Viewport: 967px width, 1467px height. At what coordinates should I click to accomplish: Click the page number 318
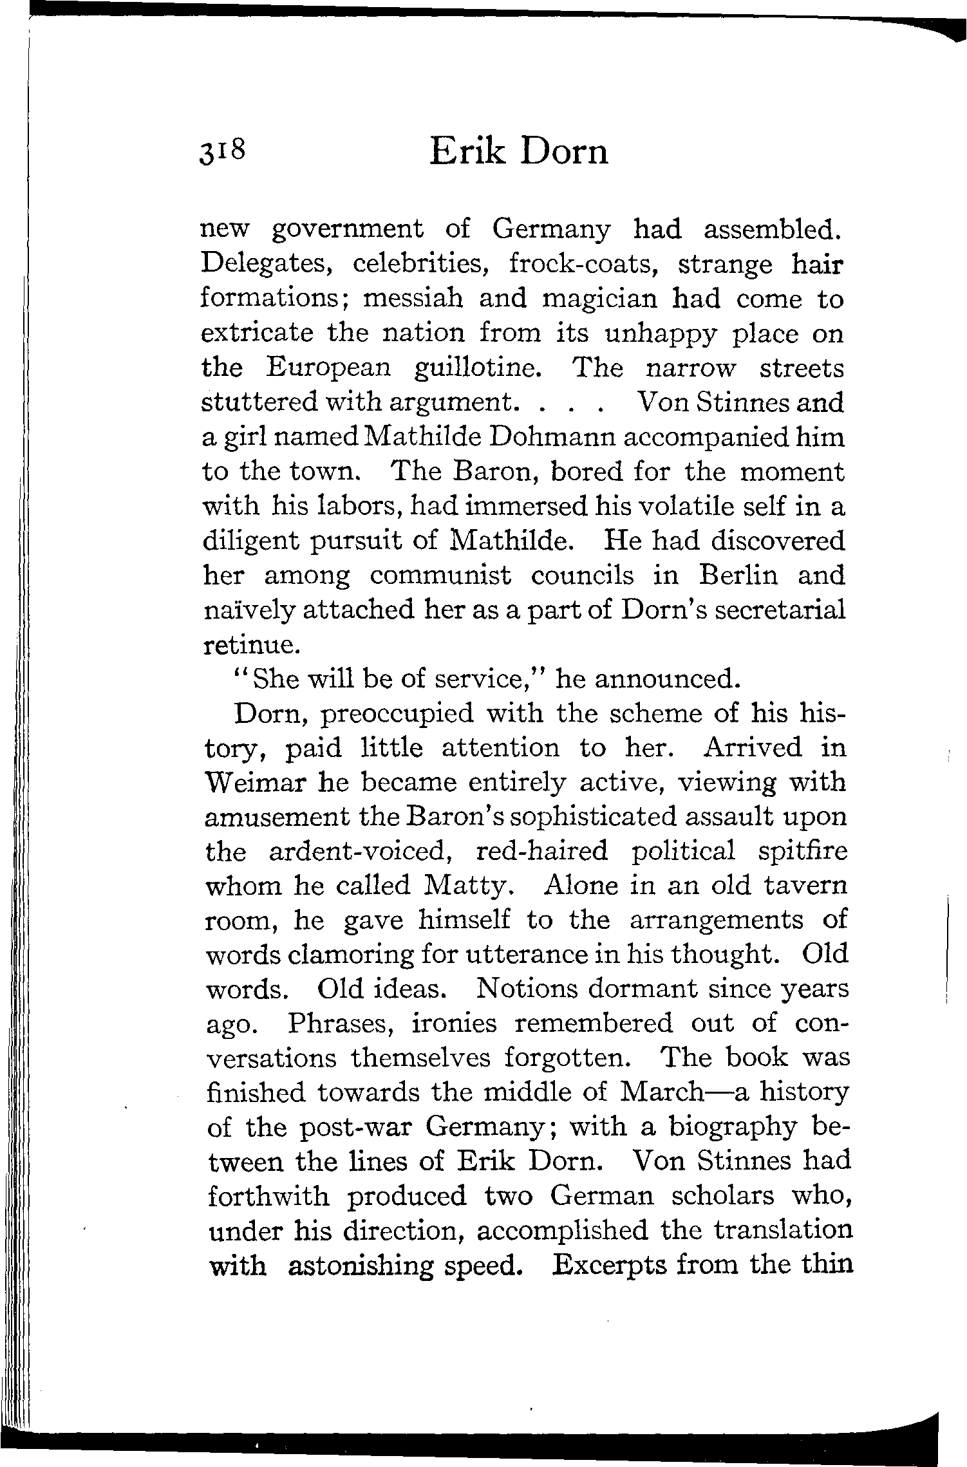[221, 153]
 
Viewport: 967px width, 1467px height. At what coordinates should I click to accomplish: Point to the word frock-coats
[584, 264]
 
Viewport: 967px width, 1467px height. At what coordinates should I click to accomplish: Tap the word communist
[441, 575]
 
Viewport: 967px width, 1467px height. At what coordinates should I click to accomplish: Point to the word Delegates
[267, 264]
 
